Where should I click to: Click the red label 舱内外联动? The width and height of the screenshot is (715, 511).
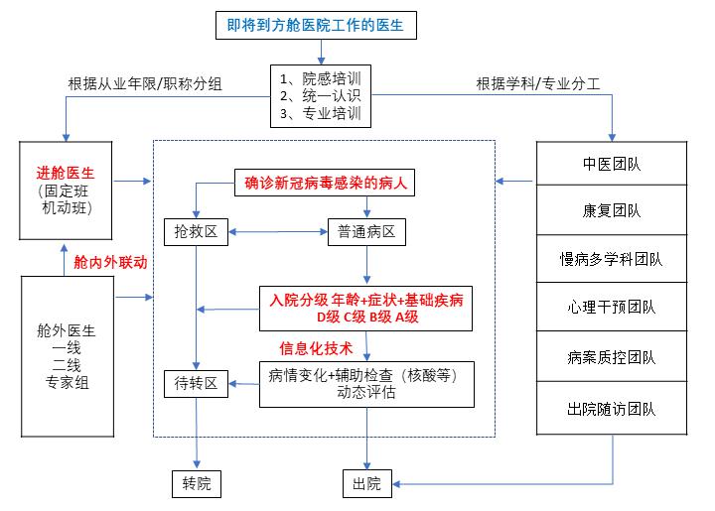(x=111, y=262)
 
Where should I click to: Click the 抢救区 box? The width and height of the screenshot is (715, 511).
(x=198, y=233)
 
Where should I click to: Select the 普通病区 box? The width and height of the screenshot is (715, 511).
(x=367, y=233)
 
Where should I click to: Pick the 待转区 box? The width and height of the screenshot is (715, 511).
(x=198, y=382)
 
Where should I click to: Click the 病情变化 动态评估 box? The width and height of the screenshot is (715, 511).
(x=367, y=383)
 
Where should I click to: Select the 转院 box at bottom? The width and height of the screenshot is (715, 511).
(x=198, y=484)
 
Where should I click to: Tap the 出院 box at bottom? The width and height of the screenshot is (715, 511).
(x=367, y=484)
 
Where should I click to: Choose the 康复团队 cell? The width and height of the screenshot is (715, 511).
(x=611, y=211)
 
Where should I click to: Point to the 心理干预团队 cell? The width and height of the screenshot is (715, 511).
(x=611, y=309)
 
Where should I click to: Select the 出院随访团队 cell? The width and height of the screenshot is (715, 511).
(x=611, y=408)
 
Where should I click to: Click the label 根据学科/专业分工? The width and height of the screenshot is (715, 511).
(x=537, y=83)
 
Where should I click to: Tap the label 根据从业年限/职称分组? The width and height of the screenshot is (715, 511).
(x=145, y=83)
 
